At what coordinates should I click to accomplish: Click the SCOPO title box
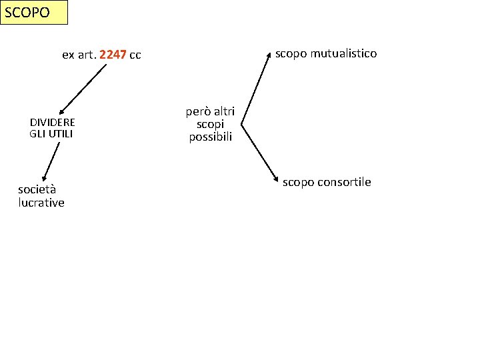click(x=34, y=13)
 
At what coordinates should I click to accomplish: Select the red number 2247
click(x=112, y=55)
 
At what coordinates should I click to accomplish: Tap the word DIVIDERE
click(x=53, y=123)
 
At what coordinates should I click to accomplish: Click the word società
click(x=37, y=189)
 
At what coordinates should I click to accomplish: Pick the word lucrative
click(x=41, y=203)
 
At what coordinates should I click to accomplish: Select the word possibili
click(x=211, y=137)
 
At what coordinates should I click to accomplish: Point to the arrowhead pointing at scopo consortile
click(x=275, y=180)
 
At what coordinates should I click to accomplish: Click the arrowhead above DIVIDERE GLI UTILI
click(x=61, y=113)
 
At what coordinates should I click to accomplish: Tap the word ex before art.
click(x=67, y=55)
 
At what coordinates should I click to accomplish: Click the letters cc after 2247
click(x=135, y=55)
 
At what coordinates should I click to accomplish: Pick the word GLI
click(x=37, y=133)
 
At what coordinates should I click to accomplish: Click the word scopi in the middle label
click(x=211, y=124)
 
